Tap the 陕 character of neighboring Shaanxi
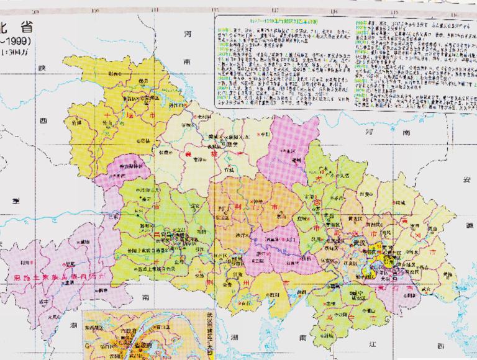click(x=42, y=68)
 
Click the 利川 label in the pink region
click(x=26, y=262)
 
